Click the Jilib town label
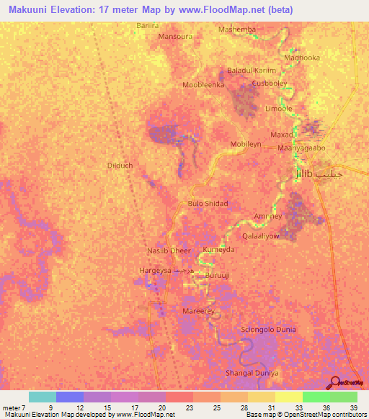306,174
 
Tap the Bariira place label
147,25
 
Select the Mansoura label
175,35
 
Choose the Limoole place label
279,108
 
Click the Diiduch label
120,165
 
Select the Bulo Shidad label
208,204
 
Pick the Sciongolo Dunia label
268,330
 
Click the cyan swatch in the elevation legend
43,397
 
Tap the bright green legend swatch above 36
316,397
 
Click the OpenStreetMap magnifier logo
336,382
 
